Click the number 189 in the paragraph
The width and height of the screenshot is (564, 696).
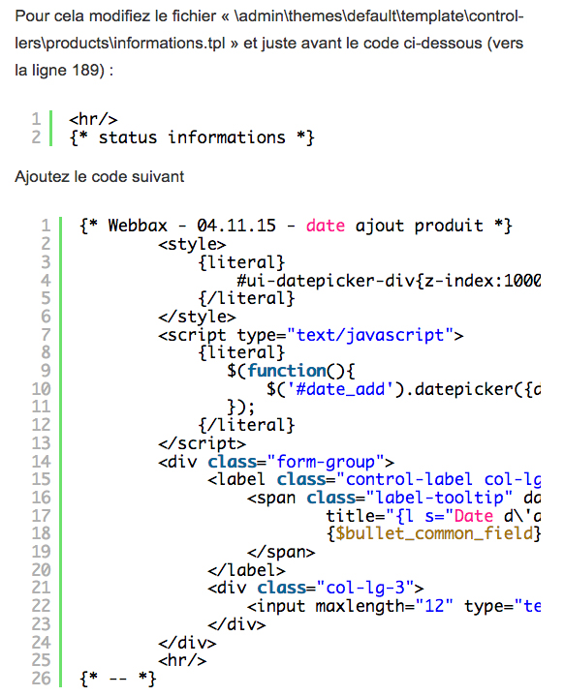tap(85, 70)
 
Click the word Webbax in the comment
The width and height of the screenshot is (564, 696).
tap(138, 226)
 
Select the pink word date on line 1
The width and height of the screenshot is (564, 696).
tap(326, 226)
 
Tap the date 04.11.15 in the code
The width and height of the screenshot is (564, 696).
tap(236, 226)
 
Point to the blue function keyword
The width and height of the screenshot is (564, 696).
tap(287, 371)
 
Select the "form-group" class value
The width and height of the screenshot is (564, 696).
tap(326, 462)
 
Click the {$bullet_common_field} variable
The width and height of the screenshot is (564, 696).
tap(434, 533)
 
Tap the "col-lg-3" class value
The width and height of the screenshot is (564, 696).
tap(365, 589)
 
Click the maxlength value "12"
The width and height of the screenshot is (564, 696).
tap(434, 606)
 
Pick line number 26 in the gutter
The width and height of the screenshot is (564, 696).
tap(41, 679)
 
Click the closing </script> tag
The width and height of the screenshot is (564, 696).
tap(202, 443)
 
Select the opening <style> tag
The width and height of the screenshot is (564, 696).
tap(192, 244)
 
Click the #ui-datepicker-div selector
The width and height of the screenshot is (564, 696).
tap(326, 281)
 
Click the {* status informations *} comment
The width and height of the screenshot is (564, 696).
tap(192, 137)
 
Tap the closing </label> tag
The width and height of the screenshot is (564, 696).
tap(246, 569)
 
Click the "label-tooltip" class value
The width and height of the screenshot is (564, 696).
tap(439, 498)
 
